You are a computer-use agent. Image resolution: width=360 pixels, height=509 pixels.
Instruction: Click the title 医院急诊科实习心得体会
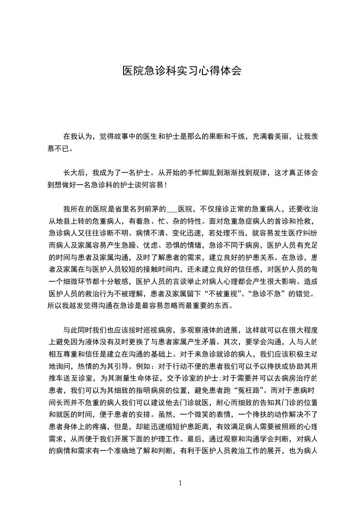pos(182,71)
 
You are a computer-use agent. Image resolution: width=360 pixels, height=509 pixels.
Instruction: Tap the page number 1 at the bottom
pos(180,483)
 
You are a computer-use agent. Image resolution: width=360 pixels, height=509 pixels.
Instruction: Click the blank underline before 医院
pos(173,210)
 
